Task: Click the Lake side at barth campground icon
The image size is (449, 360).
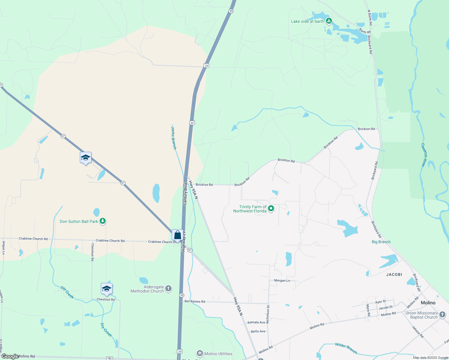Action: point(329,21)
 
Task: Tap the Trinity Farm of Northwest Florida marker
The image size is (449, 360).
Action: point(271,208)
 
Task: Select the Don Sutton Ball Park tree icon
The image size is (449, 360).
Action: point(103,221)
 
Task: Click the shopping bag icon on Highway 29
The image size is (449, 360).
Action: point(177,235)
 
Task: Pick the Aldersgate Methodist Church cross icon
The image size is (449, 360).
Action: point(168,289)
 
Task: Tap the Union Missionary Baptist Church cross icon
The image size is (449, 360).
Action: point(442,315)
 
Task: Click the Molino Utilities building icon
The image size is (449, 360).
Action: point(200,354)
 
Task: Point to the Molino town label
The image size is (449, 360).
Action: point(428,303)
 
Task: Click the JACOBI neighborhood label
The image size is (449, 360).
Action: point(394,274)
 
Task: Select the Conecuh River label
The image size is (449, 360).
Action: point(423,155)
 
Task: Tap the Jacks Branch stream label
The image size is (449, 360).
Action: point(174,138)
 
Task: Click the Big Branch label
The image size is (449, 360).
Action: point(381,242)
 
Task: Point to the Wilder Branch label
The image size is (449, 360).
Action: point(346,348)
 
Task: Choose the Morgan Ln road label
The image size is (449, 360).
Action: point(282,280)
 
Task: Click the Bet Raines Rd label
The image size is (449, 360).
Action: point(195,301)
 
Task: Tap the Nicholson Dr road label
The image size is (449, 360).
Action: point(268,314)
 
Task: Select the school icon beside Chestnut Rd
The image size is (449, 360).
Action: point(107,289)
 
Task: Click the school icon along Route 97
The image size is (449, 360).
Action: point(86,158)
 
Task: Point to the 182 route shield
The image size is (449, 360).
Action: point(109,358)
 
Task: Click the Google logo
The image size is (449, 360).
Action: point(10,356)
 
